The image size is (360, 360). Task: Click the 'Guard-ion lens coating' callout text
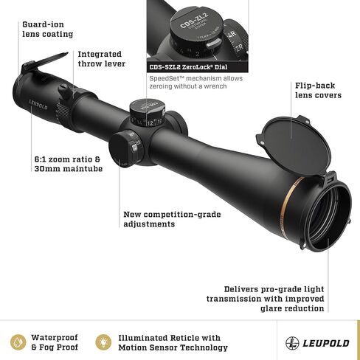pos(48,30)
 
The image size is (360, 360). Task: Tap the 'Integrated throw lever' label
pos(102,59)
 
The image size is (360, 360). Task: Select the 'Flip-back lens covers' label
pos(318,90)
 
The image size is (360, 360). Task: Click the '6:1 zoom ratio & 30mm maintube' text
pos(69,164)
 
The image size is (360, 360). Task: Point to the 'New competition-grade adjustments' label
pos(172,219)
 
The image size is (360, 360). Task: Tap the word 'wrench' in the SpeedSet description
pos(215,86)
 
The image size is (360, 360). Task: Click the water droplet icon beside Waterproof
pos(18,342)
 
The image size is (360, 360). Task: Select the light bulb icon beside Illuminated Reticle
pos(103,342)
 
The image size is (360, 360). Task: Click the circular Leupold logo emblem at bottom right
pos(292,343)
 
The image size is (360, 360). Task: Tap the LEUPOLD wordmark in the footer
pos(326,343)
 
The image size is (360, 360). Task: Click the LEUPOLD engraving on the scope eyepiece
pos(38,105)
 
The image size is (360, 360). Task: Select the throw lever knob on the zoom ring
pos(65,90)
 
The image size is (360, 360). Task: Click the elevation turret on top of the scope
pos(147,112)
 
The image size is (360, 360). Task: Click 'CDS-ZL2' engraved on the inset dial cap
pos(194,20)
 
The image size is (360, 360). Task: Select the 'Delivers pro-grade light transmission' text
pos(266,299)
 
